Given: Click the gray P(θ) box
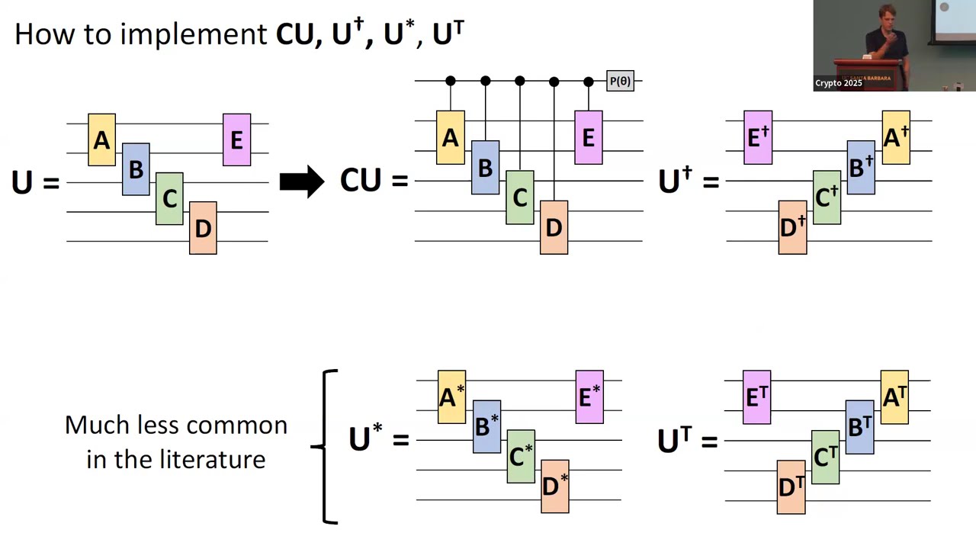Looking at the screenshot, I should click(x=620, y=81).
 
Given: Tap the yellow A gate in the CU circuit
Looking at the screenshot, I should click(x=450, y=138).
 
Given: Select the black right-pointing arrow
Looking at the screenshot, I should click(x=302, y=182).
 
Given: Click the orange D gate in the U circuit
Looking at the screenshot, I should click(x=203, y=227).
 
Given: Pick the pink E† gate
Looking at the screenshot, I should click(x=758, y=137).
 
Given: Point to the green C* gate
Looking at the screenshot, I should click(x=521, y=456).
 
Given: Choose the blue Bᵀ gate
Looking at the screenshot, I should click(x=860, y=427).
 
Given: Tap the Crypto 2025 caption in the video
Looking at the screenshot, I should click(x=838, y=83).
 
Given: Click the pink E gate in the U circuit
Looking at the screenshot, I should click(x=236, y=140).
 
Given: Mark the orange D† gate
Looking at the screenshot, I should click(x=792, y=227).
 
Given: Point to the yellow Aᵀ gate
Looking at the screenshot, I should click(x=894, y=396).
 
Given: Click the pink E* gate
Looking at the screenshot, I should click(x=589, y=396).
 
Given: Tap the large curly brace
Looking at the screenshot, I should click(x=326, y=446).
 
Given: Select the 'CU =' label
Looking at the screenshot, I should click(x=374, y=181).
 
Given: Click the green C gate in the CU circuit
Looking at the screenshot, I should click(x=520, y=197).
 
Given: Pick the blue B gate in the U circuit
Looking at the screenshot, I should click(x=136, y=169).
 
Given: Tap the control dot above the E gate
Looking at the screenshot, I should click(x=588, y=81).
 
